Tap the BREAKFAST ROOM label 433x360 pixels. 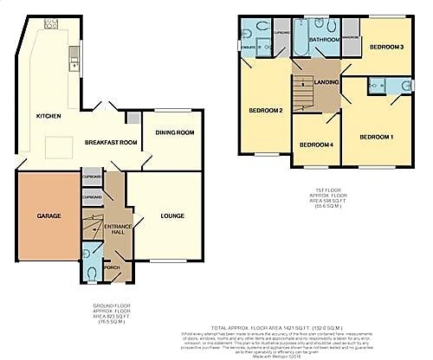click(111, 141)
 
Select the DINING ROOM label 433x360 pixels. click(173, 132)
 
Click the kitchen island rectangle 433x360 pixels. click(57, 148)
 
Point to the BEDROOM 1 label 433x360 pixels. click(377, 137)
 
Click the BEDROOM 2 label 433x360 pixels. click(268, 111)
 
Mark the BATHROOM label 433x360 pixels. click(325, 40)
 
